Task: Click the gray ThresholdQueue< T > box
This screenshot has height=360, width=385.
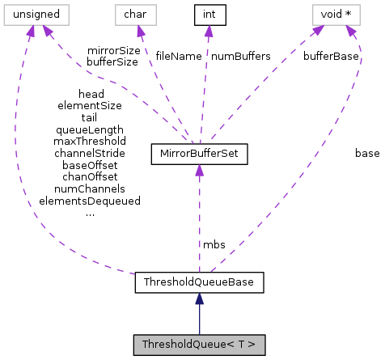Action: click(x=199, y=345)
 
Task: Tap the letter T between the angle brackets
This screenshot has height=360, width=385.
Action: click(x=242, y=345)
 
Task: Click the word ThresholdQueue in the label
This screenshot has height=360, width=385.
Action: click(x=183, y=345)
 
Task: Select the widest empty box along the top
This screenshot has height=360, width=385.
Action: click(x=36, y=15)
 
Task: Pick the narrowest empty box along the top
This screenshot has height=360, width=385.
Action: click(x=136, y=15)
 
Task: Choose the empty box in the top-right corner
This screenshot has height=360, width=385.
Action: click(x=336, y=15)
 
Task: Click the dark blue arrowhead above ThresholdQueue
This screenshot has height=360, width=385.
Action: click(x=199, y=299)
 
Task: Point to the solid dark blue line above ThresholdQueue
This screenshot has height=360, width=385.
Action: click(x=199, y=320)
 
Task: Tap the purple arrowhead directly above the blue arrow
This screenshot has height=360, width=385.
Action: click(x=199, y=170)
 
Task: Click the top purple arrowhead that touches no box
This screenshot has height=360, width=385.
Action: click(x=209, y=32)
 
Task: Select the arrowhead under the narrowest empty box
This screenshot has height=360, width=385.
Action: click(x=140, y=32)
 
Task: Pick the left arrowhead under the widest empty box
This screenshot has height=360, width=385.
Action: click(x=30, y=32)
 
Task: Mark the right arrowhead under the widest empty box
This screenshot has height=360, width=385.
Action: click(x=47, y=31)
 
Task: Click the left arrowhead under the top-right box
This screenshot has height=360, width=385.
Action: click(x=318, y=30)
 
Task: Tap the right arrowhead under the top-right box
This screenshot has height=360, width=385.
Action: click(x=351, y=32)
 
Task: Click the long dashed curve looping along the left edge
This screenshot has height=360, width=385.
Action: click(x=18, y=162)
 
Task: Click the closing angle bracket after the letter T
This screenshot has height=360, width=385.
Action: click(x=252, y=345)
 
